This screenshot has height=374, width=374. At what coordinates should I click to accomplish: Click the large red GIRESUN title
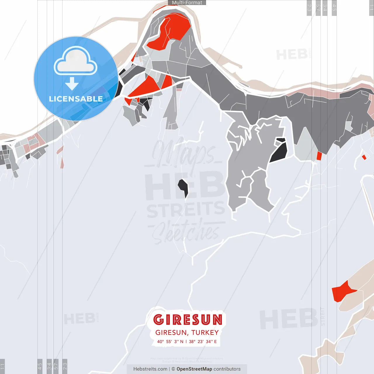click(188, 320)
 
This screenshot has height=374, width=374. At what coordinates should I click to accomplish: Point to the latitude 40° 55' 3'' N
click(170, 342)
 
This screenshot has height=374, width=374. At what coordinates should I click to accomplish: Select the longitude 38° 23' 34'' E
click(203, 342)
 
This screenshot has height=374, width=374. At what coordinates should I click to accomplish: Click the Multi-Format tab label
click(187, 3)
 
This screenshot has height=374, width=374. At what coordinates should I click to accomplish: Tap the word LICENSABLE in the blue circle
click(76, 99)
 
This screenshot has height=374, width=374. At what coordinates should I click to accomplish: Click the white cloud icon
click(76, 61)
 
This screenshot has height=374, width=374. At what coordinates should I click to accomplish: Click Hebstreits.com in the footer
click(150, 369)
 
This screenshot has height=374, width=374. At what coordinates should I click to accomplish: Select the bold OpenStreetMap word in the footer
click(194, 369)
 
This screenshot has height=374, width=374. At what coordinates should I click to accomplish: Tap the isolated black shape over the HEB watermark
click(183, 187)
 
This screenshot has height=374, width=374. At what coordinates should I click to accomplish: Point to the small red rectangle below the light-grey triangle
click(319, 156)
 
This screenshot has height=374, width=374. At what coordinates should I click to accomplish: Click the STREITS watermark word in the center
click(186, 210)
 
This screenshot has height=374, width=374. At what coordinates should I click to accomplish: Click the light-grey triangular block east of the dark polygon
click(305, 146)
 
